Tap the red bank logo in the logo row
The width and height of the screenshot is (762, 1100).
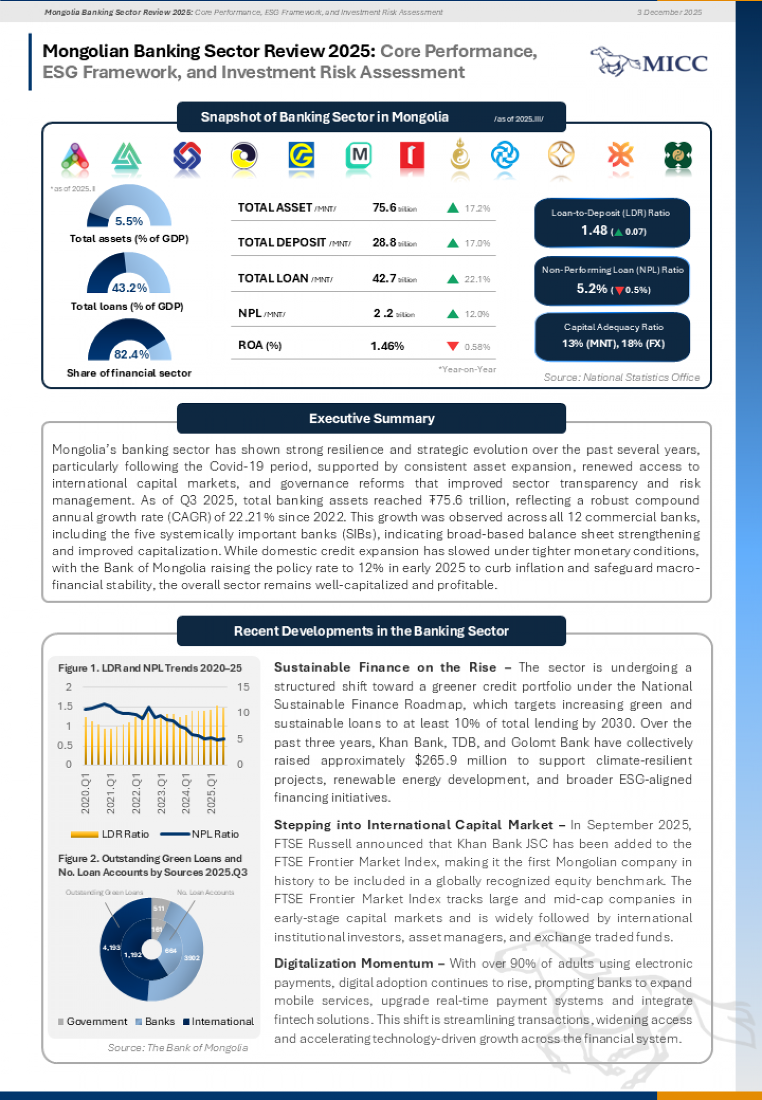(411, 155)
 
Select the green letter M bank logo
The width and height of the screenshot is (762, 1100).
(359, 155)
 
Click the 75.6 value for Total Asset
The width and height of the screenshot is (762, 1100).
(384, 208)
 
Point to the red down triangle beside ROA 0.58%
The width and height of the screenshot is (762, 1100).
(453, 346)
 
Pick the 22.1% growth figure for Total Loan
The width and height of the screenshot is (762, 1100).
(477, 279)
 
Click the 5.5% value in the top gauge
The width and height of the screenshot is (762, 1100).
(129, 221)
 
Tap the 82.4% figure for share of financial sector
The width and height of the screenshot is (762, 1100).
(132, 354)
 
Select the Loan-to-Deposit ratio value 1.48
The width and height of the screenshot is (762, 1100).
(594, 230)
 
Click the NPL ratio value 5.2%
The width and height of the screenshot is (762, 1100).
(592, 289)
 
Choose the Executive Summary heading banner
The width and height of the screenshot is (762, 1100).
(371, 418)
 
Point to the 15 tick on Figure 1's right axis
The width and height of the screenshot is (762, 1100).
(243, 687)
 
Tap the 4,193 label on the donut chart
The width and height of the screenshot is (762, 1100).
(111, 947)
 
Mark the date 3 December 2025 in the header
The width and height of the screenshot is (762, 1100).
(669, 12)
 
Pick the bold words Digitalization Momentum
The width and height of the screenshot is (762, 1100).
(354, 963)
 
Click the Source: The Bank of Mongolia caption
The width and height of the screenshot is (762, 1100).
(178, 1048)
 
